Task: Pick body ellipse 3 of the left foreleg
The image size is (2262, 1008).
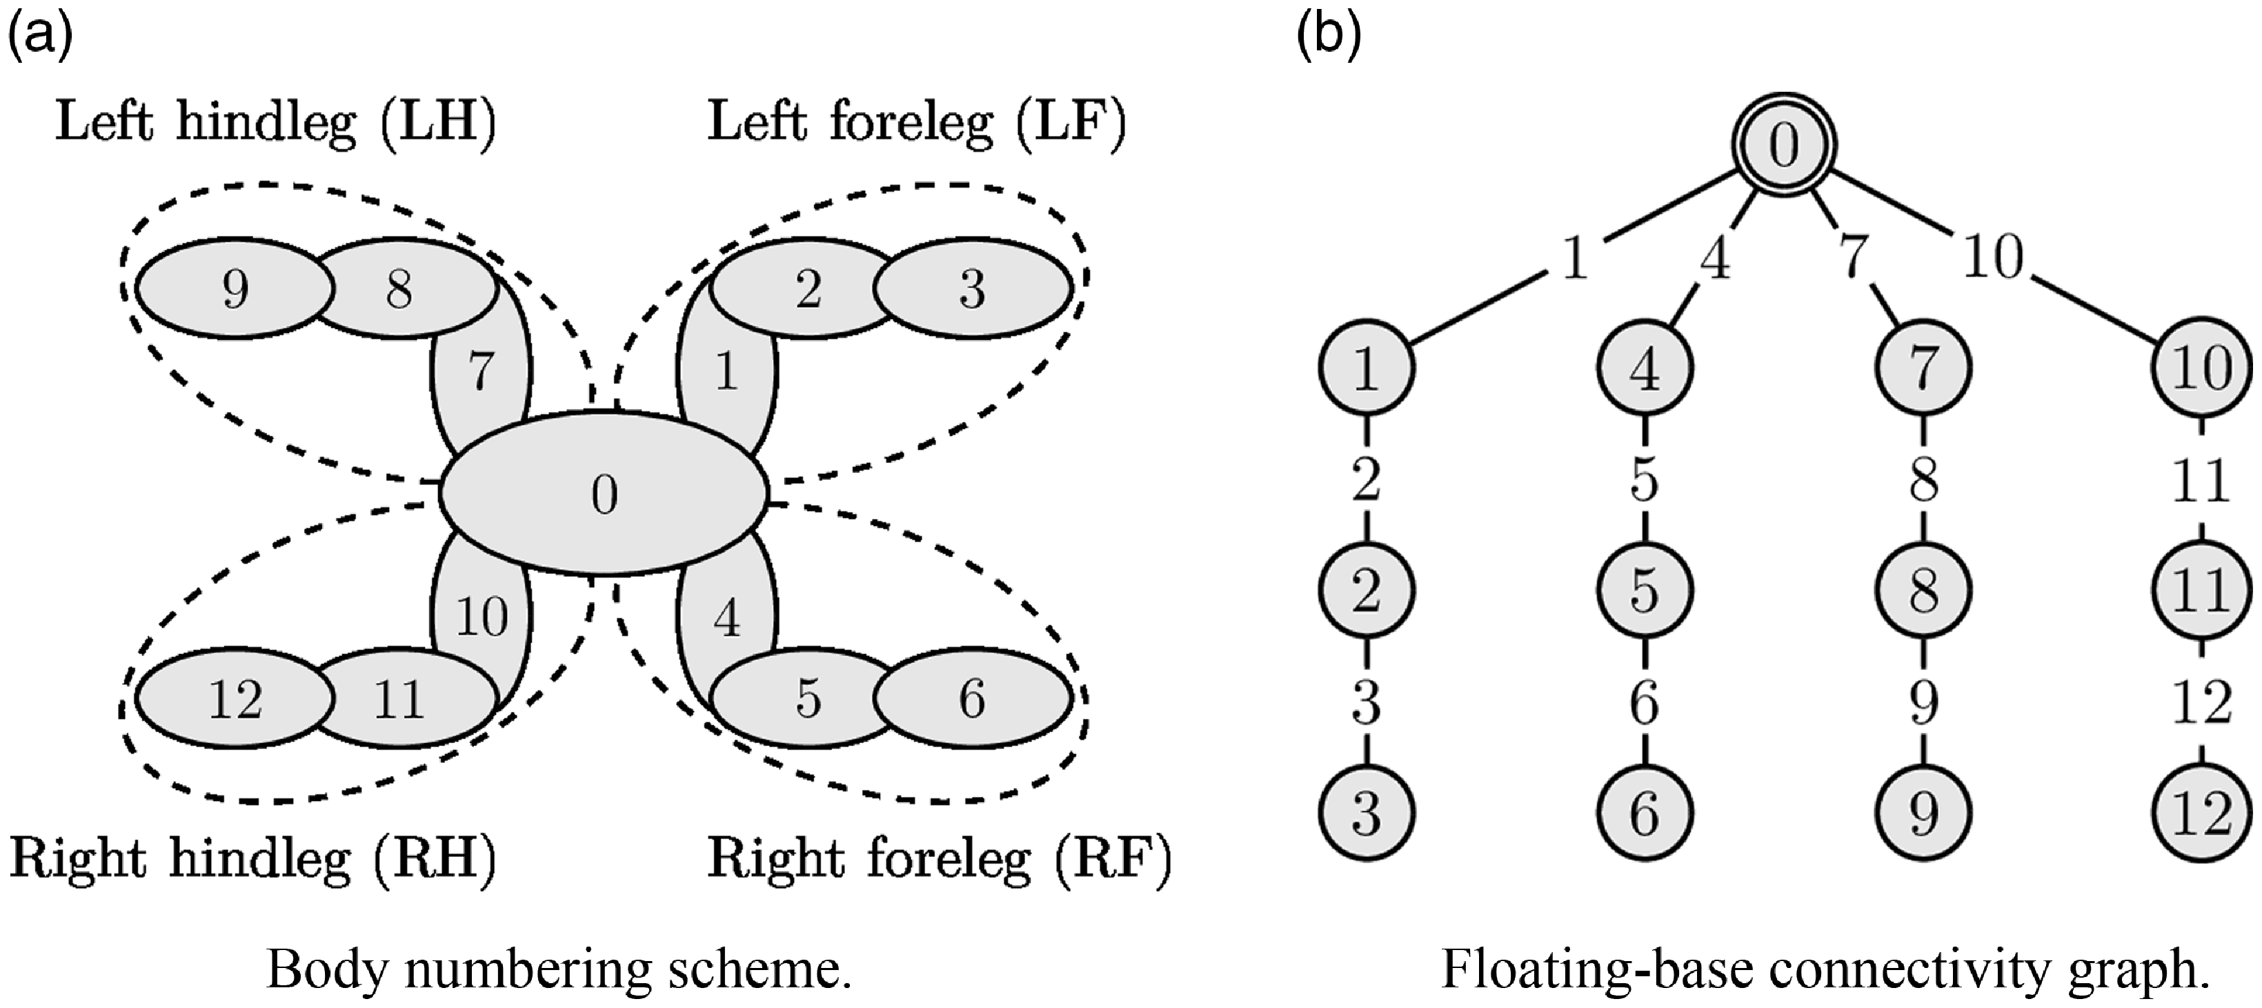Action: (972, 288)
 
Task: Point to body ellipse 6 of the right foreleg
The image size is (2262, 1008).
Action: (972, 700)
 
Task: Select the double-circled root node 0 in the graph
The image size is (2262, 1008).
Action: (1783, 146)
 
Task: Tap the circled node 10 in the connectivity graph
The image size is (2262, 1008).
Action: (2202, 367)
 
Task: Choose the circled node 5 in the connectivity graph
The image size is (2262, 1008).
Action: (1645, 590)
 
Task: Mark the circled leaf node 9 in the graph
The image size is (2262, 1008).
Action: (1923, 813)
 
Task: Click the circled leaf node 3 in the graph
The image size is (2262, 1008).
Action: (1365, 813)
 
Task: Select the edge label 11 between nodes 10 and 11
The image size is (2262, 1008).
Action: (2202, 480)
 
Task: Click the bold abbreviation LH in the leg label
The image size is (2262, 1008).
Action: (439, 123)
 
